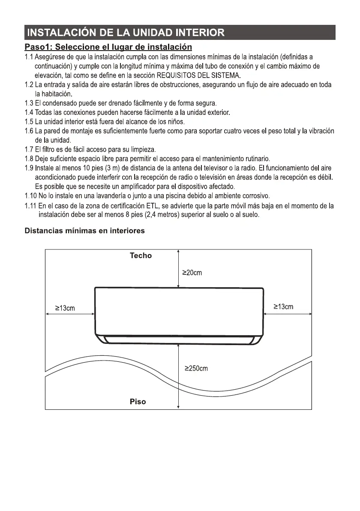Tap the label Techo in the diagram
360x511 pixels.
point(141,255)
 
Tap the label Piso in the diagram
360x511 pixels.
point(138,402)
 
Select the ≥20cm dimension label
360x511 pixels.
point(192,273)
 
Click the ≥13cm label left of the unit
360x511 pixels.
point(65,308)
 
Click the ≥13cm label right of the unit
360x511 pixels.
point(283,307)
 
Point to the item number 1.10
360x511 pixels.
point(31,196)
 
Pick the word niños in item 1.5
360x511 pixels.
point(175,122)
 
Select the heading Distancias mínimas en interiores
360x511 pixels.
point(85,231)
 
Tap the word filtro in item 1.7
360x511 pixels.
point(49,150)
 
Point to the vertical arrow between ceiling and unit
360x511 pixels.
point(178,268)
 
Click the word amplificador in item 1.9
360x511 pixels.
point(126,186)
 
